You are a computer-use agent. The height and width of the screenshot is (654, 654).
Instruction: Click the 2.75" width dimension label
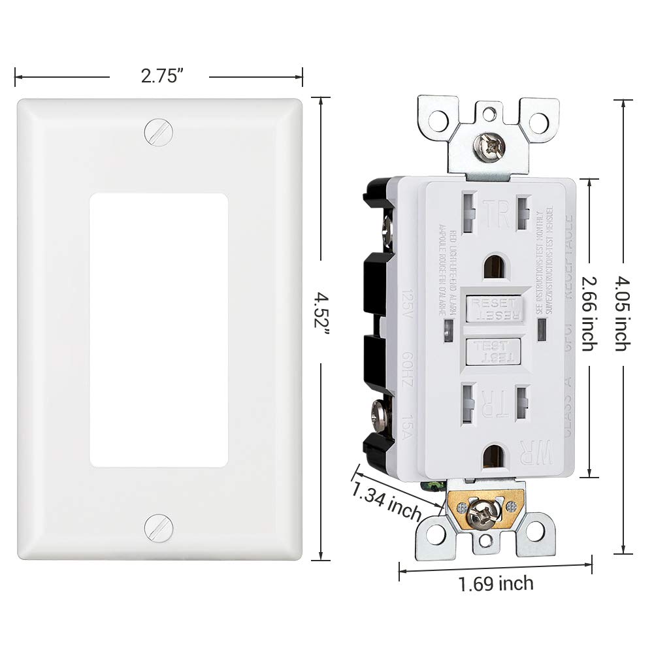(x=159, y=76)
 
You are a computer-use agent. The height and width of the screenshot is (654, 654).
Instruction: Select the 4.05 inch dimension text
(x=623, y=313)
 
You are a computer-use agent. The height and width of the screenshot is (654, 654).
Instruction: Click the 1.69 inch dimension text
(x=495, y=583)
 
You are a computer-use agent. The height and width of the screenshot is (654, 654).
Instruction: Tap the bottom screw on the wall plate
(x=159, y=527)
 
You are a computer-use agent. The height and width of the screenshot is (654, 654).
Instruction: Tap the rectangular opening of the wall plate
(x=159, y=329)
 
